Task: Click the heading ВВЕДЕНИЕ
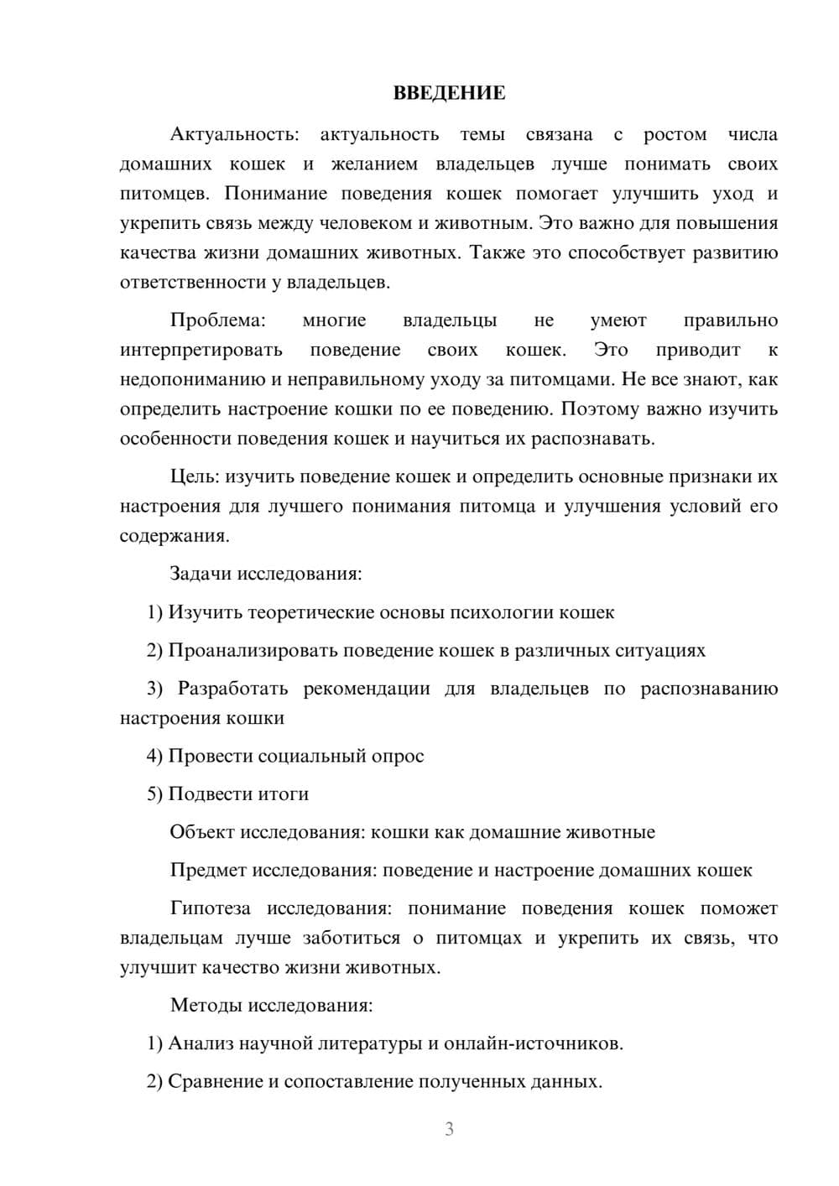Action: coord(449,93)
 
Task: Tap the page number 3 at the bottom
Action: coord(449,1129)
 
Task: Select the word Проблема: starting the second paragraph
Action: coord(217,320)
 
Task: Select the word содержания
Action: coord(174,536)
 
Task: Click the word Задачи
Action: coord(201,575)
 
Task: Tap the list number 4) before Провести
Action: coord(154,756)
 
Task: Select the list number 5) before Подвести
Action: coord(154,793)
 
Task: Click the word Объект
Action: coord(202,832)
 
